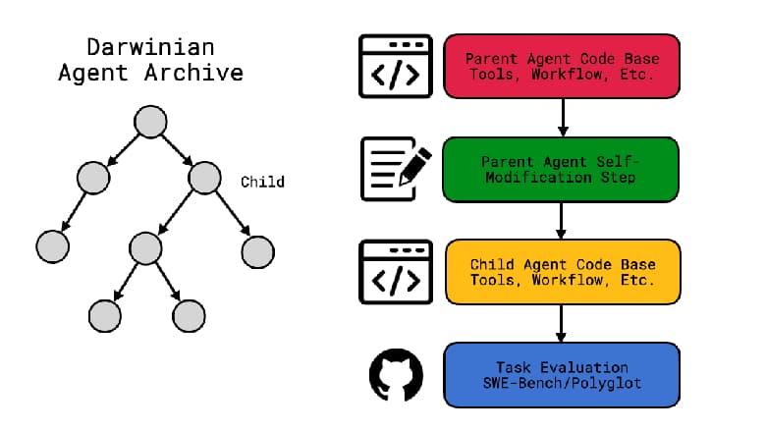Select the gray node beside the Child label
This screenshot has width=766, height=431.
[x=204, y=178]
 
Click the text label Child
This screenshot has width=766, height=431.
[x=262, y=182]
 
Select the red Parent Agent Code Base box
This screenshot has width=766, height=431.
[x=562, y=66]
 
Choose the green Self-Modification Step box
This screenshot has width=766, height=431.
[x=561, y=169]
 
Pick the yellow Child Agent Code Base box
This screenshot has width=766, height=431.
[x=562, y=272]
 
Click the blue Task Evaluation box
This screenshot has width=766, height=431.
[x=562, y=374]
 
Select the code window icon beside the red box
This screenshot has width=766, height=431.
[x=395, y=67]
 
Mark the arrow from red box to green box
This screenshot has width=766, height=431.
[x=562, y=117]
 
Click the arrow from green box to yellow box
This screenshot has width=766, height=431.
[x=562, y=220]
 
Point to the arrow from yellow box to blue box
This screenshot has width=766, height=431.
[x=562, y=322]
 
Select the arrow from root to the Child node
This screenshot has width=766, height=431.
[x=177, y=150]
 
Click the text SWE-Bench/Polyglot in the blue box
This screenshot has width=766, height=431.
[x=562, y=383]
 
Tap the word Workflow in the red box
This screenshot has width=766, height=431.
[x=562, y=75]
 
